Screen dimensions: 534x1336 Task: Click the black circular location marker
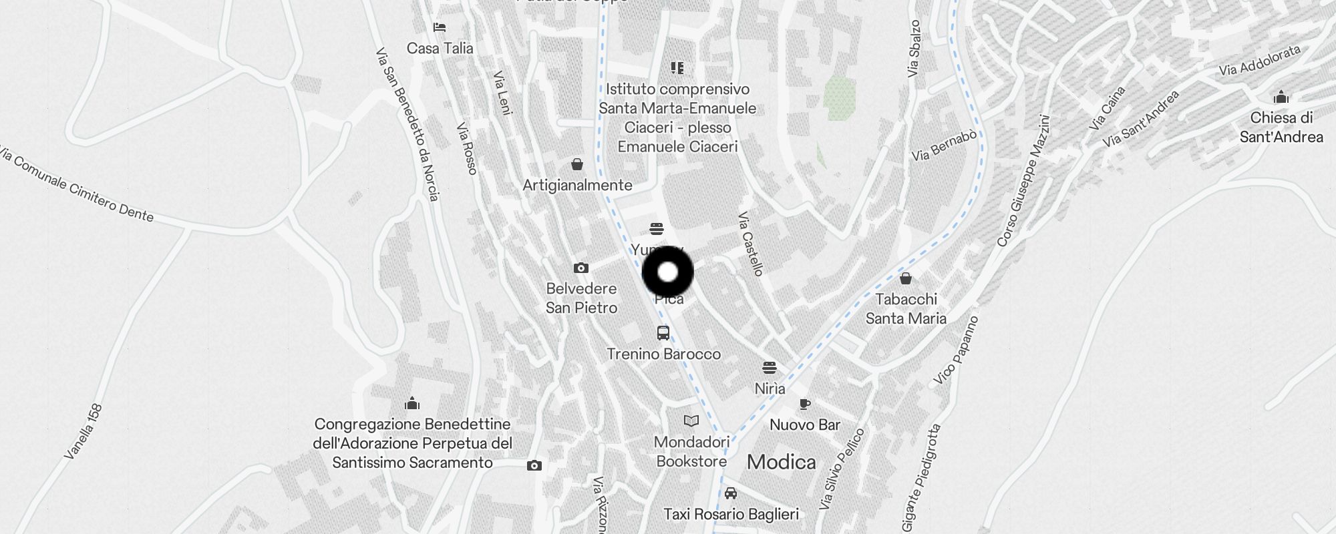tap(667, 272)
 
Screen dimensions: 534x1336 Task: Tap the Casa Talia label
tap(440, 48)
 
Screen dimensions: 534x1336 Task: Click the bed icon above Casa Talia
tap(439, 27)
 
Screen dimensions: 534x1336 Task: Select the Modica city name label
tap(781, 462)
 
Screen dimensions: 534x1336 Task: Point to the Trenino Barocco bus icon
tap(663, 333)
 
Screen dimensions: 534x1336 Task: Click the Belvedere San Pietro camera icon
tap(581, 268)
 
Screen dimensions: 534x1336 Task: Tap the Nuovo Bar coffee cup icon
tap(805, 404)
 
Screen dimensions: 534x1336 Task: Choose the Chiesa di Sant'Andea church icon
tap(1281, 97)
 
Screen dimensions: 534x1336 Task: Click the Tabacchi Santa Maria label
tap(906, 308)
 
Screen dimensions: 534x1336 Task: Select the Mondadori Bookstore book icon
tap(691, 421)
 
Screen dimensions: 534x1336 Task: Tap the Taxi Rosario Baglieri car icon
tap(731, 493)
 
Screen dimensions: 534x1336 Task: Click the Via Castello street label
tap(751, 244)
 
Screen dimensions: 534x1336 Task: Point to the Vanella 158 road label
tap(83, 431)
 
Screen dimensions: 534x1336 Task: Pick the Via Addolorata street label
tap(1259, 60)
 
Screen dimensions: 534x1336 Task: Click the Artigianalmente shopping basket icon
tap(577, 164)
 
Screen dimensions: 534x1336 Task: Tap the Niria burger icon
tap(770, 367)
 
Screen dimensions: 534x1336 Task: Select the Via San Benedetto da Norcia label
tap(407, 123)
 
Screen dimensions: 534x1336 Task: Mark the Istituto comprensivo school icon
tap(677, 67)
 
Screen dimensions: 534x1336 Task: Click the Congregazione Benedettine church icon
tap(412, 403)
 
